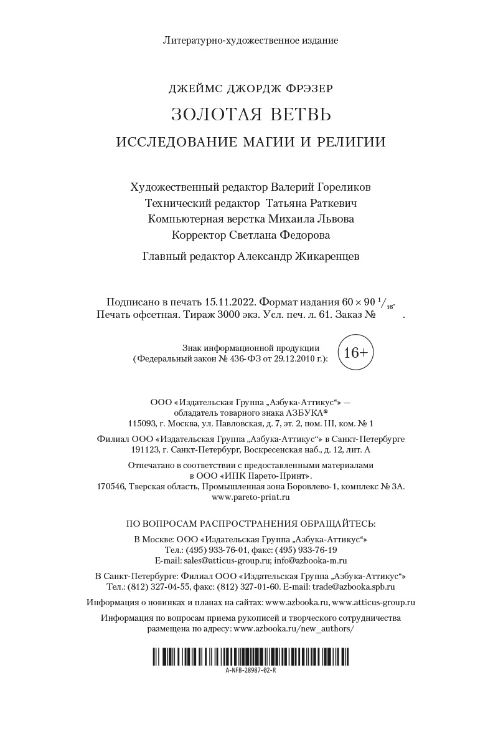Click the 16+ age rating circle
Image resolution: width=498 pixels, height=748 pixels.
pyautogui.click(x=355, y=352)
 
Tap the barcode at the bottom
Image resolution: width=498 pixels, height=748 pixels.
pyautogui.click(x=251, y=656)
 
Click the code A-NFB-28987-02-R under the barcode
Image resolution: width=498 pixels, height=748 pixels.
pyautogui.click(x=251, y=670)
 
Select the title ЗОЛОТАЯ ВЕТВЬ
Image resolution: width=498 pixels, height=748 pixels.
pyautogui.click(x=251, y=115)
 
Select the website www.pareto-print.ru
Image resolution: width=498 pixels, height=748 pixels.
pyautogui.click(x=251, y=497)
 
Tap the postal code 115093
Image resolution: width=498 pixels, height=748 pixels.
pyautogui.click(x=140, y=423)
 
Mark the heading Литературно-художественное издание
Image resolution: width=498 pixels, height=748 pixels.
pyautogui.click(x=251, y=41)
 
